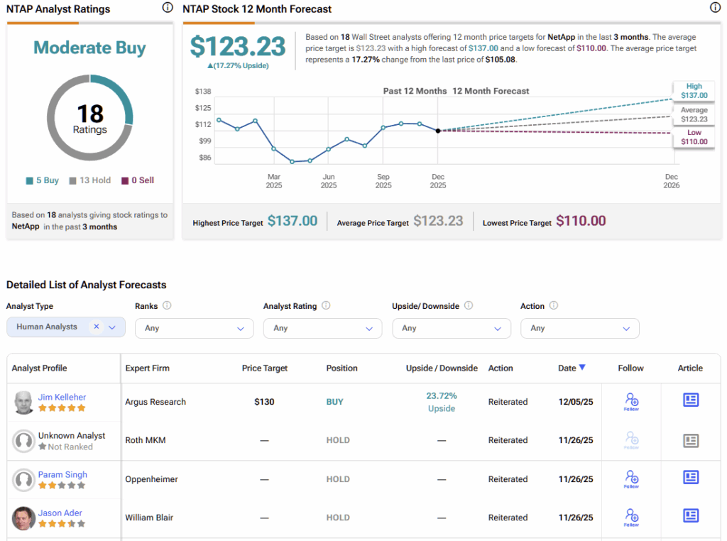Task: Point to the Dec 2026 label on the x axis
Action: click(671, 181)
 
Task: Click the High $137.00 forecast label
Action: click(694, 90)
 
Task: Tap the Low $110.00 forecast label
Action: click(694, 137)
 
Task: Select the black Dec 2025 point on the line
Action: click(438, 131)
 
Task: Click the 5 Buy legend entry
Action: click(43, 180)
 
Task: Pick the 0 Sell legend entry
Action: click(138, 180)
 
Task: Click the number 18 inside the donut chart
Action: click(90, 114)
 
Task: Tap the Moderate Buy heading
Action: click(90, 48)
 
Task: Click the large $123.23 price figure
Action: click(238, 47)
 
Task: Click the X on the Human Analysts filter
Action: click(97, 327)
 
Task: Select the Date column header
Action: click(572, 368)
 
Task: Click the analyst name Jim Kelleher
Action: click(62, 397)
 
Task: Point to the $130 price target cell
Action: click(265, 402)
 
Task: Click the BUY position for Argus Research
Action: click(334, 402)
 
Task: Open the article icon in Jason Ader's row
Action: click(690, 515)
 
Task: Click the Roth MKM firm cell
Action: click(146, 440)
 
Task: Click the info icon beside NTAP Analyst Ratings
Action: click(168, 8)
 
